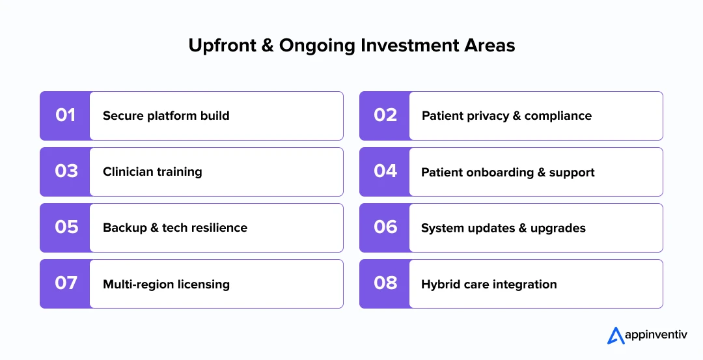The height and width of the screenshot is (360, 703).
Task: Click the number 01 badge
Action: coord(65,116)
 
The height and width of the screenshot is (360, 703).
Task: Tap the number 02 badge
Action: coord(385,116)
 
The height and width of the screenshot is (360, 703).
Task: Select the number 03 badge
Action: coord(65,172)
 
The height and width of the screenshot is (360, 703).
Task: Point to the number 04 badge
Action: coord(385,172)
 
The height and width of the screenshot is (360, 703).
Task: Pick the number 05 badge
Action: coord(65,228)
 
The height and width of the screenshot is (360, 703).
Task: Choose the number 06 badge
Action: coord(385,228)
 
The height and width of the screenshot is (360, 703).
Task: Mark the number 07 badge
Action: coord(65,284)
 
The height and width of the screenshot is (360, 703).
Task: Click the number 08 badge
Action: coord(385,284)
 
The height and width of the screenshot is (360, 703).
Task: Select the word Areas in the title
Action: coord(489,46)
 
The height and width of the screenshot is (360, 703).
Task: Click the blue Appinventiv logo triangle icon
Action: coord(616,335)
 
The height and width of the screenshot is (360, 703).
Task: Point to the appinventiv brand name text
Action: coord(656,335)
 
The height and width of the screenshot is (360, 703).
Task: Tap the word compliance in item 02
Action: coord(558,116)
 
